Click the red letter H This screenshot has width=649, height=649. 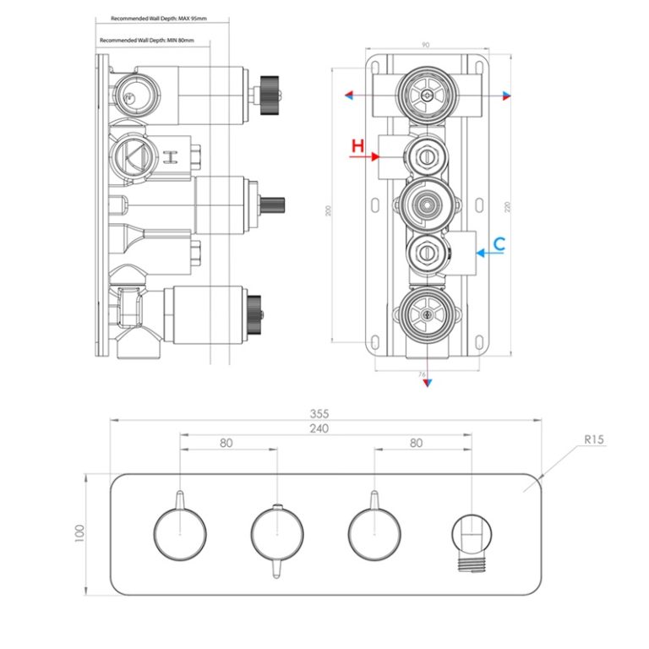point(358,145)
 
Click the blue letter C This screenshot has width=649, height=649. point(499,243)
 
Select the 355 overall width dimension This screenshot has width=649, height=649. point(319,413)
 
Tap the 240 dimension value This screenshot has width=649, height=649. point(319,428)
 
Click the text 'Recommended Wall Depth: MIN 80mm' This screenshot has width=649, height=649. point(147,41)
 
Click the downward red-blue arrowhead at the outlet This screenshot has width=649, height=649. point(428,382)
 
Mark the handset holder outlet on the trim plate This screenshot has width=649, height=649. point(472,537)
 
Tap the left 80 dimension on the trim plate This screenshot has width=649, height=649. point(226,442)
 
